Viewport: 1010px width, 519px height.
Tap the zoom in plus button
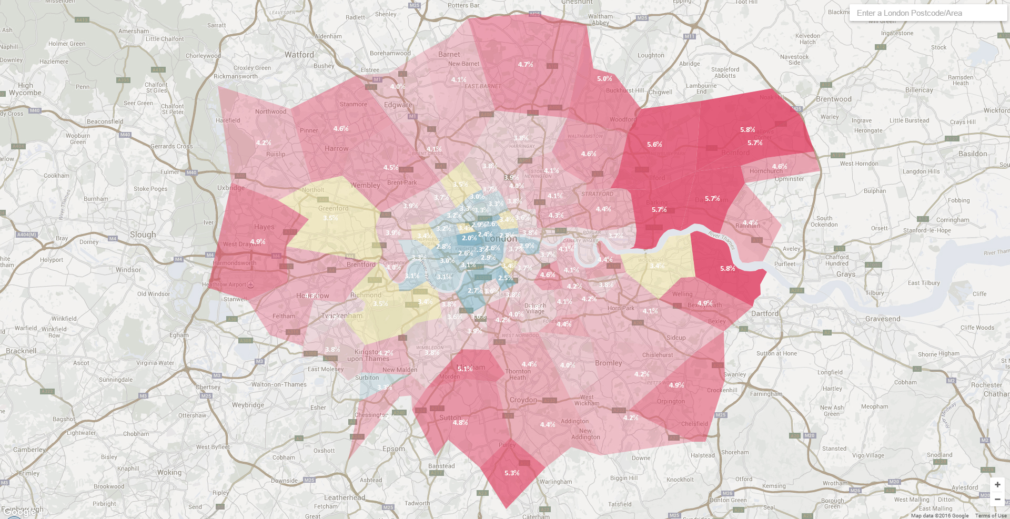pyautogui.click(x=997, y=484)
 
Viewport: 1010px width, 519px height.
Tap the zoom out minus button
pyautogui.click(x=997, y=499)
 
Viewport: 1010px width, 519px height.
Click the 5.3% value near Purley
pyautogui.click(x=511, y=473)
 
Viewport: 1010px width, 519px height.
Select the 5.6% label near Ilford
pyautogui.click(x=654, y=144)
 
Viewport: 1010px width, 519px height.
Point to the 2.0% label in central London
pyautogui.click(x=469, y=238)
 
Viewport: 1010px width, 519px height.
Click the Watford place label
pyautogui.click(x=299, y=55)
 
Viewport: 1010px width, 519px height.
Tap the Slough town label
pyautogui.click(x=143, y=235)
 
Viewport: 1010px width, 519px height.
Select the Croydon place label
pyautogui.click(x=523, y=400)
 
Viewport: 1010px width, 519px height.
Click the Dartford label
pyautogui.click(x=764, y=313)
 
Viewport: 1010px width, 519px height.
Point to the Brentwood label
pyautogui.click(x=833, y=99)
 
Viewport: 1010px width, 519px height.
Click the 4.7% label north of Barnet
pyautogui.click(x=525, y=64)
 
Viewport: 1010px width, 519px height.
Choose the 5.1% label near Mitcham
pyautogui.click(x=464, y=369)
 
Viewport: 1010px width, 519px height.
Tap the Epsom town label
pyautogui.click(x=393, y=449)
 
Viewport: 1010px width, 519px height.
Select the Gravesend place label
pyautogui.click(x=882, y=319)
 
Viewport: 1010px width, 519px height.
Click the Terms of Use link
pyautogui.click(x=991, y=515)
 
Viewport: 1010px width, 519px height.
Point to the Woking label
pyautogui.click(x=169, y=472)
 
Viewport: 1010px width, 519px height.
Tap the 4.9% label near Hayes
pyautogui.click(x=257, y=241)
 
